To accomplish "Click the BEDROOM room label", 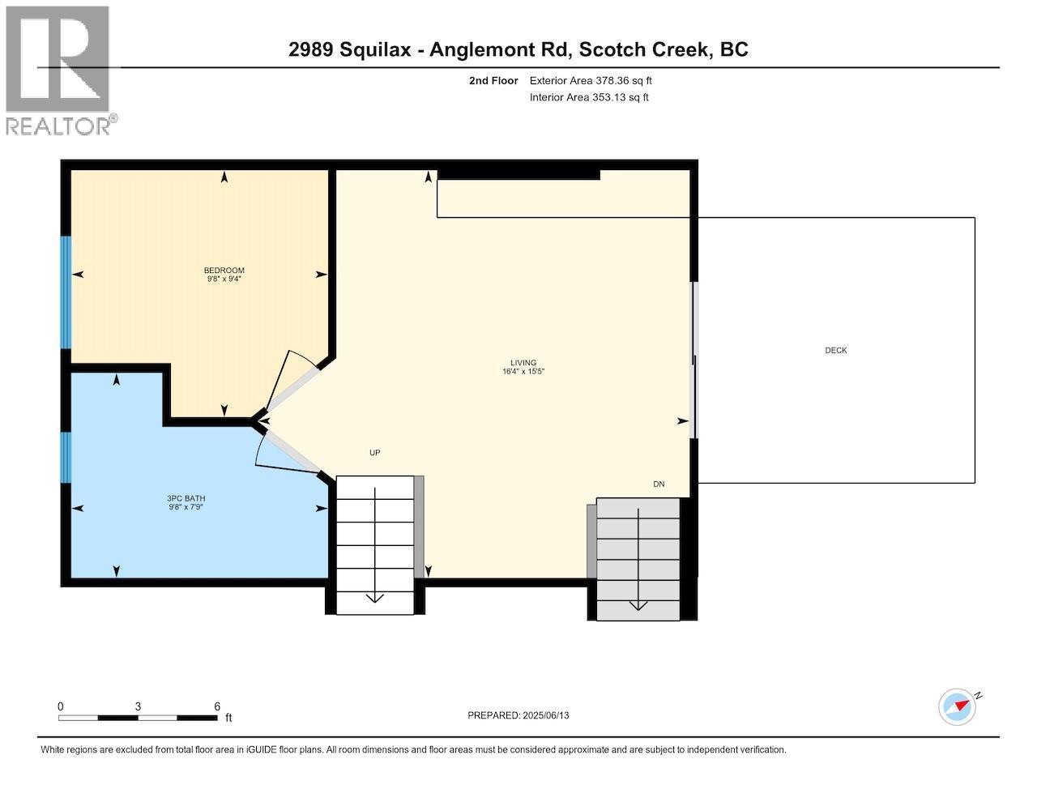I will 224,271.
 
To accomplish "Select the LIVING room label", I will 523,363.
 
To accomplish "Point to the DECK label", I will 836,351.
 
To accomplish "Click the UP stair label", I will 374,453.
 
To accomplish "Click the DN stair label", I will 659,484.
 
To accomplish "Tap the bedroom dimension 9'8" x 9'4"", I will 224,279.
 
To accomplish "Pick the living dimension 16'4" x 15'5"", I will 523,372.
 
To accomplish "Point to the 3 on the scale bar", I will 139,706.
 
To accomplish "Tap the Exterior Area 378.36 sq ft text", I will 591,81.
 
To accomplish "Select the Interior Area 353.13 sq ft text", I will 589,98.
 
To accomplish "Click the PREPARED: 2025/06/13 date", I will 523,715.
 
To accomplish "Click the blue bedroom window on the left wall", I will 66,292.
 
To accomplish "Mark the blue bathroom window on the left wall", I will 66,458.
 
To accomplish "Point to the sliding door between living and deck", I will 693,360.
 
